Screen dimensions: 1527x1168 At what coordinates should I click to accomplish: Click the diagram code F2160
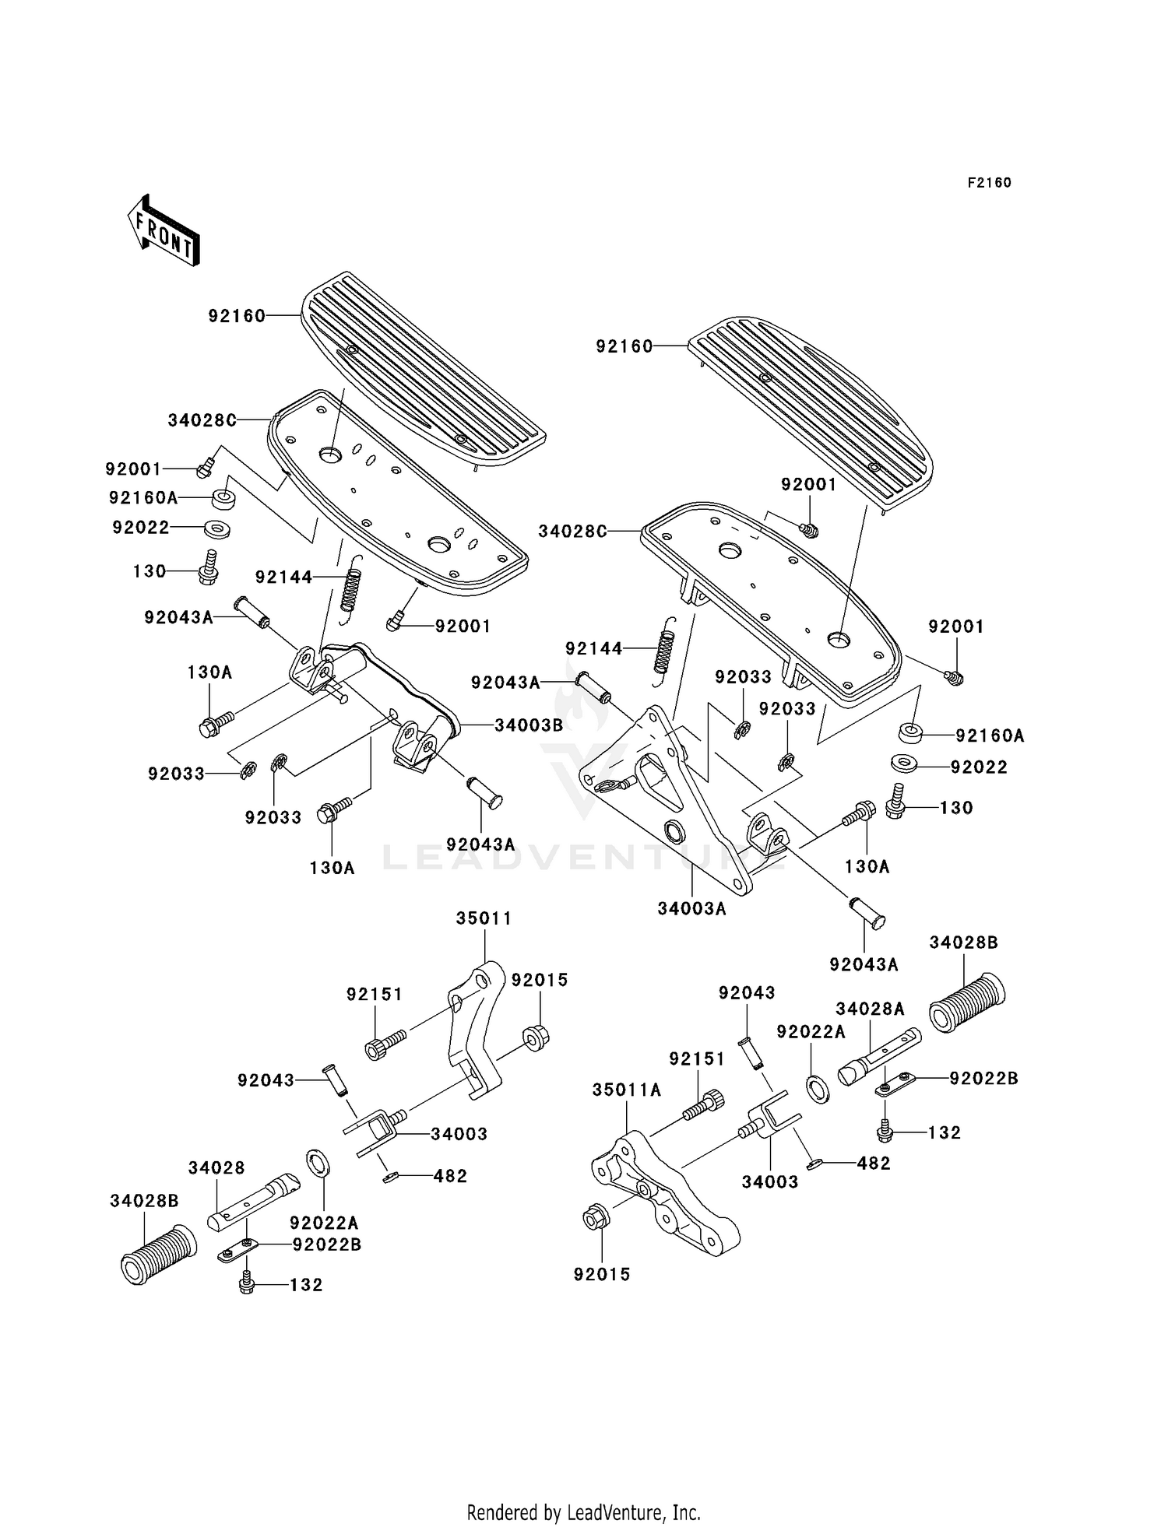989,183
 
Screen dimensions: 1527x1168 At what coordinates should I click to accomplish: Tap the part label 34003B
529,725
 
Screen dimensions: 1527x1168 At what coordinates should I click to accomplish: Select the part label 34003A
691,908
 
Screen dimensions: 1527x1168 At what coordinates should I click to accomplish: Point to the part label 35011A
627,1090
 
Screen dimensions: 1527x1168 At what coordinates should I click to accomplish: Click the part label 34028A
870,1009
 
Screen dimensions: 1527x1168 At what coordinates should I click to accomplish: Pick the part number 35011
484,918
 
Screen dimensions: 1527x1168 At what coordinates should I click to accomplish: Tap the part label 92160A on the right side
990,735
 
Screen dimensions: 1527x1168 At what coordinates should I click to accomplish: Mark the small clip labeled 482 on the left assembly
390,1177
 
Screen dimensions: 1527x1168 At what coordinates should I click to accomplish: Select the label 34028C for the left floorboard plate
202,421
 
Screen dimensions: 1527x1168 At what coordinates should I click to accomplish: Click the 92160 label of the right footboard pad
624,347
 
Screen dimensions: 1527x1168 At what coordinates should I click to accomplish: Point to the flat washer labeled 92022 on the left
217,529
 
